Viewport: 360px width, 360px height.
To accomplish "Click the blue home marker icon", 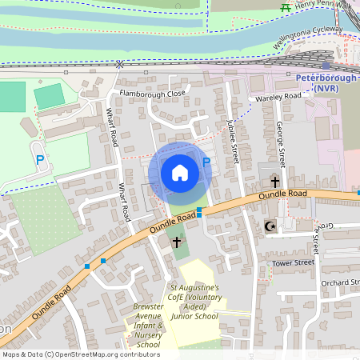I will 180,172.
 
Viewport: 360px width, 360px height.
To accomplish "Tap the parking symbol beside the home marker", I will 206,163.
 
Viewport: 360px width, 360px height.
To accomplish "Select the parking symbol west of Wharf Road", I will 39,161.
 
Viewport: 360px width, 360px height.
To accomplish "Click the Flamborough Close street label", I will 152,94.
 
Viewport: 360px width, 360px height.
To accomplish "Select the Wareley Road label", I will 279,97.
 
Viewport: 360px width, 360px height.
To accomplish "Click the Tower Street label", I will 293,262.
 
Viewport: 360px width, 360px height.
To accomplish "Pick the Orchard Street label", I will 340,282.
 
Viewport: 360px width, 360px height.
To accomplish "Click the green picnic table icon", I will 285,6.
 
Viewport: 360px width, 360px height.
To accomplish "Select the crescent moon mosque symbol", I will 270,226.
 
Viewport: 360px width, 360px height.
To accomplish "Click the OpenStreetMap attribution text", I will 80,354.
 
